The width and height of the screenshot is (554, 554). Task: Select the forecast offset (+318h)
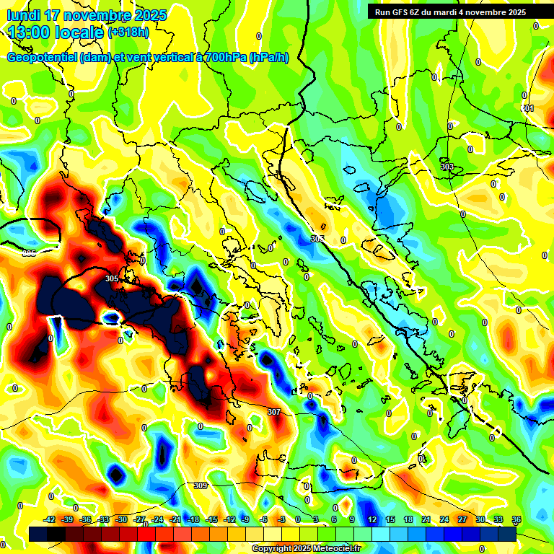128,32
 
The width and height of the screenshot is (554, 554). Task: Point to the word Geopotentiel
42,58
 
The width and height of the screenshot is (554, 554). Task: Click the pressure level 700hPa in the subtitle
221,58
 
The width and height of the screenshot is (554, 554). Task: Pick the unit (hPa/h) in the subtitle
268,58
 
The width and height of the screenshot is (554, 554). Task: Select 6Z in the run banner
421,12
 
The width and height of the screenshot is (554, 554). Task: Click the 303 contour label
447,167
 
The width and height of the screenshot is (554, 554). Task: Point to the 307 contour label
273,412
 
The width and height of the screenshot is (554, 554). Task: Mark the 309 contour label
201,485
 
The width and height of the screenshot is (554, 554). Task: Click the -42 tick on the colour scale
50,519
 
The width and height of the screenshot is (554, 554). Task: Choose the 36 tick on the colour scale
516,519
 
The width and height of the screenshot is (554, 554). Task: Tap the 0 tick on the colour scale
298,519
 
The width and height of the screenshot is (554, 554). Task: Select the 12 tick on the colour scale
372,519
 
